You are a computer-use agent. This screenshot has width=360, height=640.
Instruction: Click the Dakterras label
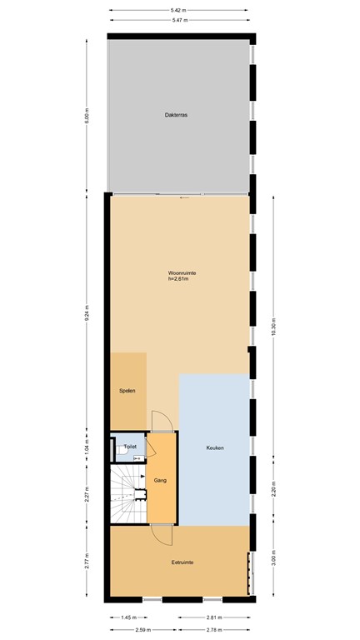tap(175, 115)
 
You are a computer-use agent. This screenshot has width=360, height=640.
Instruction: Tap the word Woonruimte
tap(182, 272)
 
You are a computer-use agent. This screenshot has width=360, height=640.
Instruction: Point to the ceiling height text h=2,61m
tap(179, 278)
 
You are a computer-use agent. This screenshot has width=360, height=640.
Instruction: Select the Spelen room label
tap(127, 390)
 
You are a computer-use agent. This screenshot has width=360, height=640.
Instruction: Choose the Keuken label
tap(215, 448)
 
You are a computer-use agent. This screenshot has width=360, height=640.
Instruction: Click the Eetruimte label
tap(182, 562)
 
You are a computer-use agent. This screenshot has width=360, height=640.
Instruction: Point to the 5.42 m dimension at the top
tap(178, 11)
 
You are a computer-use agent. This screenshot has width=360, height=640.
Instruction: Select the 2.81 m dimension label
tap(213, 617)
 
